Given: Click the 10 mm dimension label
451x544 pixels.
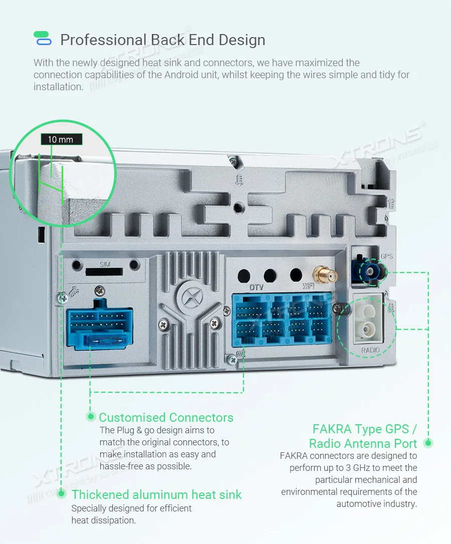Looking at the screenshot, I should point(61,140).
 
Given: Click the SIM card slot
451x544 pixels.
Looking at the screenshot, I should point(104,271).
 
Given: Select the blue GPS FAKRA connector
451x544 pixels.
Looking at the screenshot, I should point(370,272).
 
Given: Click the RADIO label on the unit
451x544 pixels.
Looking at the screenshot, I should point(370,350).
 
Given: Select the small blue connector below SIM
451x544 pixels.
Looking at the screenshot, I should point(100,326).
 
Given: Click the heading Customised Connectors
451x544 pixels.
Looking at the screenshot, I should point(166,417).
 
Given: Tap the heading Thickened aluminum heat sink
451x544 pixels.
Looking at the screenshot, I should point(156,495).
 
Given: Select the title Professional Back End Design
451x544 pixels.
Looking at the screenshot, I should point(162,40).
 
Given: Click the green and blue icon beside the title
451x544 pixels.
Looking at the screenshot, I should point(42,39).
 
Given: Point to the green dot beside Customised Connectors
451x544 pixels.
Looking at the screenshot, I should point(91,416).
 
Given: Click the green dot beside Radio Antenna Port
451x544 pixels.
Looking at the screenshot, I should point(428,443).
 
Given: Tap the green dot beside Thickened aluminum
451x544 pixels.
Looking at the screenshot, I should point(61,494).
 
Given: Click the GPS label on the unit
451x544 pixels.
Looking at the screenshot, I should point(386,256).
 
